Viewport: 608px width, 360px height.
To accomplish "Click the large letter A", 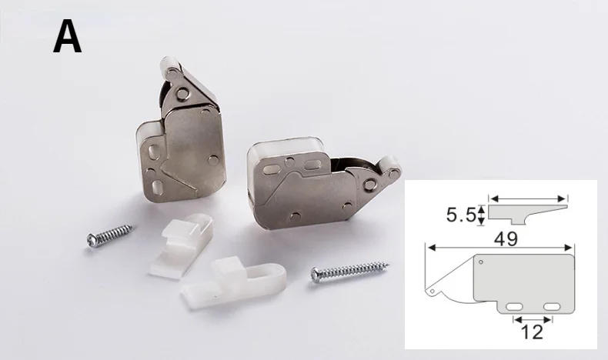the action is point(67,37).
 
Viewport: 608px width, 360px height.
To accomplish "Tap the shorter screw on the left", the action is point(111,235).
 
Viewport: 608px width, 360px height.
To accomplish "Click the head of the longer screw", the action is point(316,275).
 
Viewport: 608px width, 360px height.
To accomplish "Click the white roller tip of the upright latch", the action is point(170,67).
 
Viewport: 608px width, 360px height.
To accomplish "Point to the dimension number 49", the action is point(506,239).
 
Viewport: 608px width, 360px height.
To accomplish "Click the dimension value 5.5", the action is point(461,215).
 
